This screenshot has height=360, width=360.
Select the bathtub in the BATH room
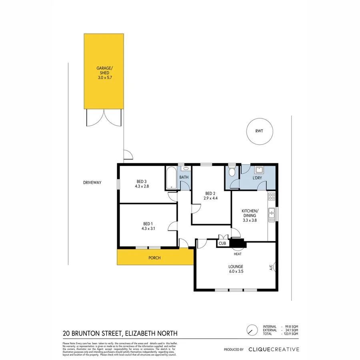(170, 178)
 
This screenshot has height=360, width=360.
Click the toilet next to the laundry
(232, 172)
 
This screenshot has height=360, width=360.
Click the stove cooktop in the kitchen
(272, 196)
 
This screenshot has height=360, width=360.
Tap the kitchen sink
(272, 215)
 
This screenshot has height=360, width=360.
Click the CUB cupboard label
(222, 243)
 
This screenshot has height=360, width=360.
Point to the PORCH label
(154, 258)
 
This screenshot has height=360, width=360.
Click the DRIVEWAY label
(92, 182)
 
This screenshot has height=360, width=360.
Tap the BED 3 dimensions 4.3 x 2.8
(142, 186)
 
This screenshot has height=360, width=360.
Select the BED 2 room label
(210, 193)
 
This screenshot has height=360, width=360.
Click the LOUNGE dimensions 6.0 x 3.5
(236, 271)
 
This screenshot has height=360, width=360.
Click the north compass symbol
(252, 330)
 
